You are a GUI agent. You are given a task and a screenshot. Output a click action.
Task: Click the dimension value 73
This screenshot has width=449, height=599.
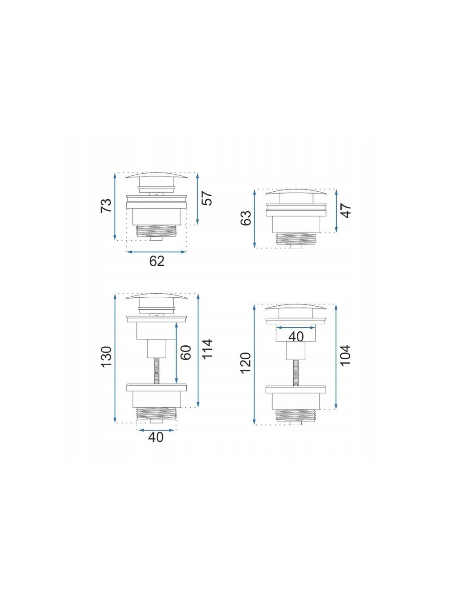(106, 206)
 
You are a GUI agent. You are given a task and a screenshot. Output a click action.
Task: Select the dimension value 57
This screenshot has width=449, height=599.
(207, 198)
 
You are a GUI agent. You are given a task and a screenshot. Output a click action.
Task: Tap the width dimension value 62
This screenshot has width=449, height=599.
(157, 261)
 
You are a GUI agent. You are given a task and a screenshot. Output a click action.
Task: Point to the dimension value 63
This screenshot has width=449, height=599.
(246, 218)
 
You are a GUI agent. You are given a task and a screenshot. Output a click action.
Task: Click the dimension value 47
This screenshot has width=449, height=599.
(346, 211)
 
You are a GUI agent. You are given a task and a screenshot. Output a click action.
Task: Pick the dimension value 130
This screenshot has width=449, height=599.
(106, 357)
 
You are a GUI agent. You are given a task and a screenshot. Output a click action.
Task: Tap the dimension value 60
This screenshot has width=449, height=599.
(185, 352)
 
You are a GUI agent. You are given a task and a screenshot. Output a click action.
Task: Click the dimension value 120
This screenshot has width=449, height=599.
(246, 363)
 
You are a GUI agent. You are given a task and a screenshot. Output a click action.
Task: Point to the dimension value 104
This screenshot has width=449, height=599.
(346, 355)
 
